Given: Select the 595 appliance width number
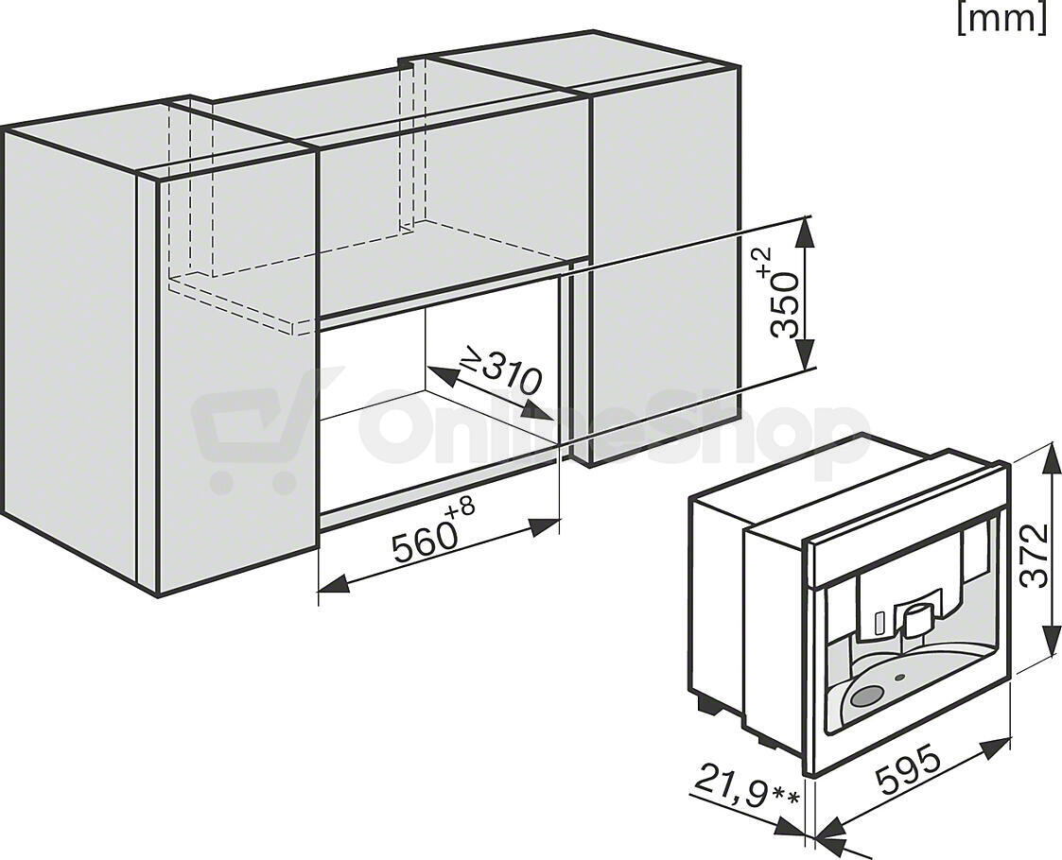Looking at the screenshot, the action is [x=909, y=768].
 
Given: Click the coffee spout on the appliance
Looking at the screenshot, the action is [x=915, y=618].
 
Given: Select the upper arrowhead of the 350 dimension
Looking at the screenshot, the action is [x=804, y=232].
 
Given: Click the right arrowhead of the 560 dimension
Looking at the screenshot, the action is [x=546, y=527].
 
